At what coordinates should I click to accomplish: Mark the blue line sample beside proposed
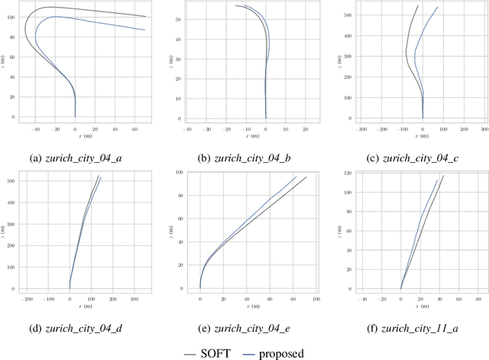point(248,354)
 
